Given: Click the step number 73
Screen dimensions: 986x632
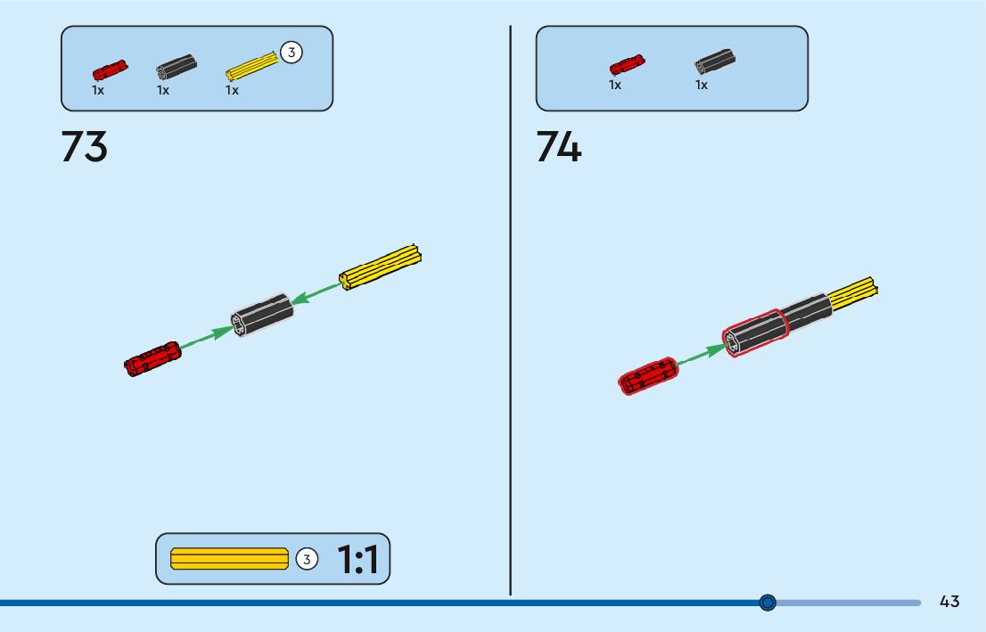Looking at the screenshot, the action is coord(84,147).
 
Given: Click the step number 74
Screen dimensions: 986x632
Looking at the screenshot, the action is coord(559,147).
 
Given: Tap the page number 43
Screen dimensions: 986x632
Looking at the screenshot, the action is coord(949,602).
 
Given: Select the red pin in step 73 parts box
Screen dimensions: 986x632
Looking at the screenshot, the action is coord(110,70).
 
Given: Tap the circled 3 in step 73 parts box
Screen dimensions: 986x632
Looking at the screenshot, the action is coord(292,53).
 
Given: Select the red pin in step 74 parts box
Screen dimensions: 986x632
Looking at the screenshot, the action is coord(627,65).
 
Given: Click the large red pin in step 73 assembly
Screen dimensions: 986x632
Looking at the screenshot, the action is coord(153,357).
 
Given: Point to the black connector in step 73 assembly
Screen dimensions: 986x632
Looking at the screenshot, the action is coord(261,315).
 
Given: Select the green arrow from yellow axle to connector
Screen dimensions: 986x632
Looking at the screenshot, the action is coord(316,293).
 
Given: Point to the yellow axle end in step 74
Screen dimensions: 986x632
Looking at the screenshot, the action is coord(854,293).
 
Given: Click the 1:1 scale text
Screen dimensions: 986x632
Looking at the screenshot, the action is coord(357,560).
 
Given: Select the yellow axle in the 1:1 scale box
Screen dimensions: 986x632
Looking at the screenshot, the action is coord(229,559).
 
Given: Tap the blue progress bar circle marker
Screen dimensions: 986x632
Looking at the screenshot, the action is coord(768,603).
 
